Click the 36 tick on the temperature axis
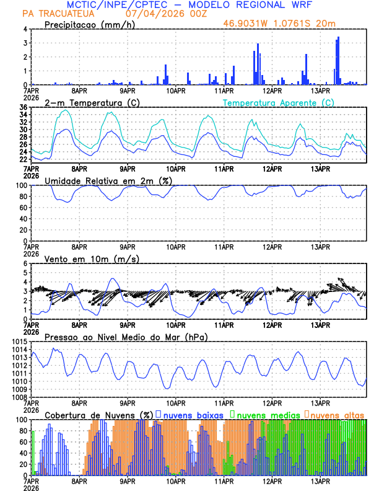point(22,108)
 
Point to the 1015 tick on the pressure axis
point(19,342)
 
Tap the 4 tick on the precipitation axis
point(25,30)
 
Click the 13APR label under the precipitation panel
point(320,91)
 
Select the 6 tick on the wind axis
point(25,264)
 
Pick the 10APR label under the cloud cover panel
point(175,481)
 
